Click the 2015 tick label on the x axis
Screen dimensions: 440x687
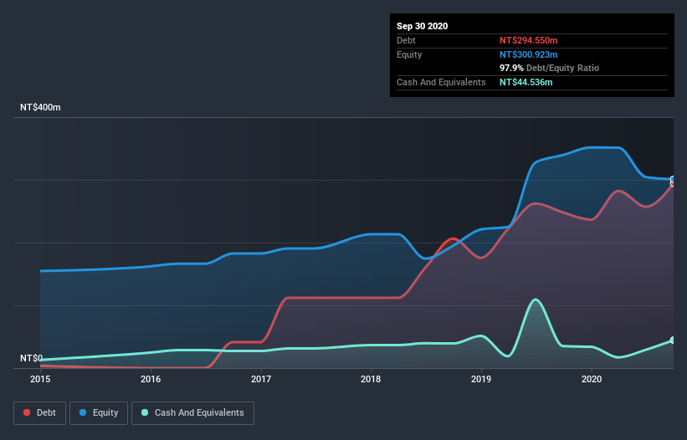(x=40, y=379)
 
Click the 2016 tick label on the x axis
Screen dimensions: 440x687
(x=151, y=379)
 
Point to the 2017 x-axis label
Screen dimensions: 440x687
(x=261, y=379)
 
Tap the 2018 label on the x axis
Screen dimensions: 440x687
(x=371, y=379)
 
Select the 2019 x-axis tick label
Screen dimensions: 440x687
(x=481, y=379)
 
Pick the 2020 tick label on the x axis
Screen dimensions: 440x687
(x=592, y=379)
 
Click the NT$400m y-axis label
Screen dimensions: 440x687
(x=40, y=108)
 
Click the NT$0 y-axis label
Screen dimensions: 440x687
(x=31, y=358)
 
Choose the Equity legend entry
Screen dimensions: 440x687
(x=99, y=412)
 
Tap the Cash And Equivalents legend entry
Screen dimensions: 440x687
(x=192, y=412)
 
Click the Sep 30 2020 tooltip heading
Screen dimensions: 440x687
(x=422, y=26)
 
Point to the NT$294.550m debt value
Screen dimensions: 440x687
(x=528, y=40)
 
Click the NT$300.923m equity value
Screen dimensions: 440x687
(x=529, y=54)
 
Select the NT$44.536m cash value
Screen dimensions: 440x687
(x=526, y=82)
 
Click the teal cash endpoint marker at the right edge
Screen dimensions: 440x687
(x=673, y=340)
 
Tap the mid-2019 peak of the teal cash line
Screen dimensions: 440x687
(x=535, y=299)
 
